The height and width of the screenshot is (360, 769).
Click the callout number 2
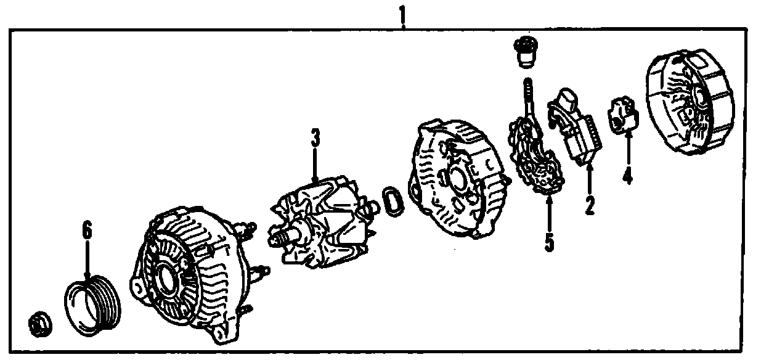coord(590,205)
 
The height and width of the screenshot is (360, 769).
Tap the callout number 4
coord(627,175)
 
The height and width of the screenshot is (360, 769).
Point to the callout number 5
coord(548,241)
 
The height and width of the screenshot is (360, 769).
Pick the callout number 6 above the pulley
coord(87,231)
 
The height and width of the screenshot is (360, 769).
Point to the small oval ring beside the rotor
coord(391,202)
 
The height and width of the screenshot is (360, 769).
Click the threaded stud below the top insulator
coord(527,92)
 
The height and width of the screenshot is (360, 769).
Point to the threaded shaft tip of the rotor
coord(276,236)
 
